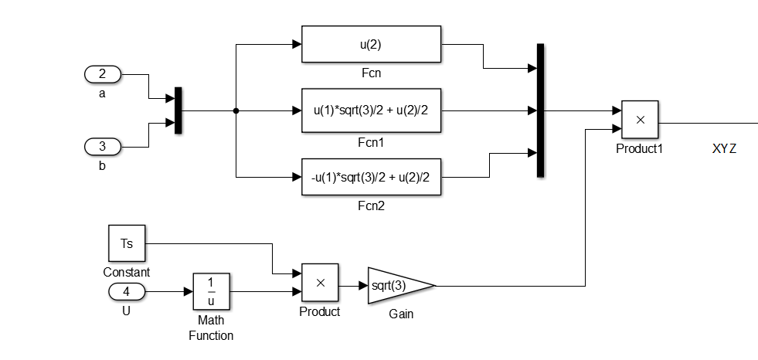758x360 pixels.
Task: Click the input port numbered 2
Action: coord(102,75)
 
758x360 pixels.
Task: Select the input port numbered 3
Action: coord(102,146)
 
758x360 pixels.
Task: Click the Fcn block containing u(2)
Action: coord(371,44)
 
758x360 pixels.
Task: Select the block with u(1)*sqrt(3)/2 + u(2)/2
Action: coord(371,110)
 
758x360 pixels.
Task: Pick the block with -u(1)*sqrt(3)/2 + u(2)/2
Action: coord(371,177)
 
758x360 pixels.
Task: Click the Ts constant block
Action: coord(127,243)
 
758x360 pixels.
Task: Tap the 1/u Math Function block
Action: coord(211,292)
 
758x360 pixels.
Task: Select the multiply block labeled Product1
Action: coord(640,120)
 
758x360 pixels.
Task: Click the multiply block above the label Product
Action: coord(320,283)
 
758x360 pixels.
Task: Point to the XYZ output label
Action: coord(724,148)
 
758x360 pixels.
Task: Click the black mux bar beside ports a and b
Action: coord(178,110)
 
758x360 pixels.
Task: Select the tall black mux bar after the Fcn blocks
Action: coord(540,110)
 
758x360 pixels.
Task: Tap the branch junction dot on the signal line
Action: coord(235,110)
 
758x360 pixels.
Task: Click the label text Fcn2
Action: coord(371,206)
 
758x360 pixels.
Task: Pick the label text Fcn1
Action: coord(371,143)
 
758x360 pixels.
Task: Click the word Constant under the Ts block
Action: coord(127,273)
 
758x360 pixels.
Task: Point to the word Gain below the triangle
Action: coord(402,315)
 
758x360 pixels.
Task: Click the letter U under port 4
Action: coord(127,311)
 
